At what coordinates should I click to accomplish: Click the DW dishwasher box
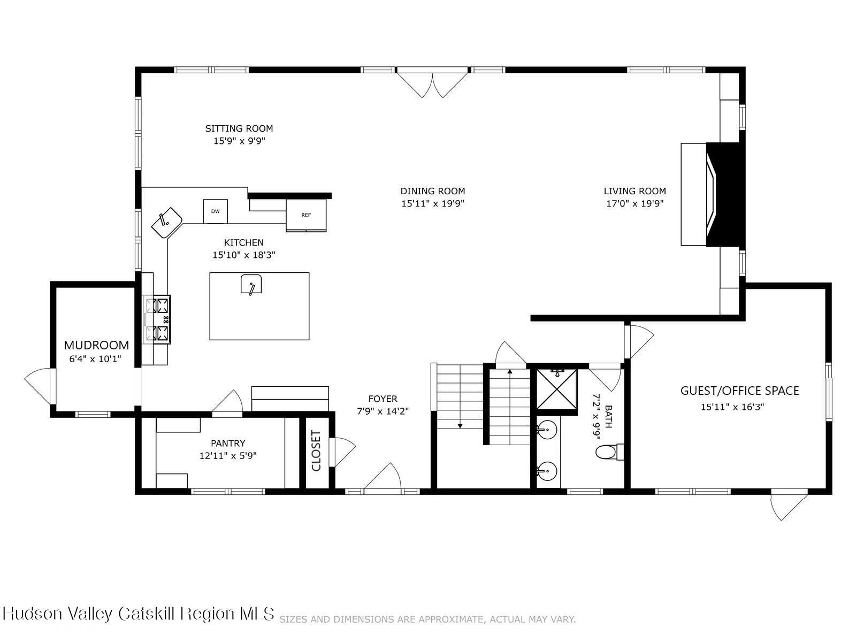click(x=215, y=211)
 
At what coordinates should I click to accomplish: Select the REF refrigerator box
click(x=306, y=215)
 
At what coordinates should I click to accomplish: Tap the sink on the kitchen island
click(x=251, y=284)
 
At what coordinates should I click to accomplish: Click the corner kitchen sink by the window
click(x=166, y=223)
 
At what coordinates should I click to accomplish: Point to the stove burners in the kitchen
click(x=157, y=319)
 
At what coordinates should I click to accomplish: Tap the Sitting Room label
click(x=239, y=128)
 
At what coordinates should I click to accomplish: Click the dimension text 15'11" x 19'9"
click(x=432, y=204)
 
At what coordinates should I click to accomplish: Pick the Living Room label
click(x=635, y=191)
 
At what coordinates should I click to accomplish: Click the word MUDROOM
click(x=96, y=345)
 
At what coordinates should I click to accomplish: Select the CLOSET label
click(x=316, y=451)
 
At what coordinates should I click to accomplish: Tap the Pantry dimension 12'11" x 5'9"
click(x=228, y=456)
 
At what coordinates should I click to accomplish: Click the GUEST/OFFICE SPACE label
click(x=739, y=391)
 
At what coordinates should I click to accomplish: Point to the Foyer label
click(x=383, y=399)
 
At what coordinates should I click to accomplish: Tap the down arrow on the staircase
click(x=460, y=425)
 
